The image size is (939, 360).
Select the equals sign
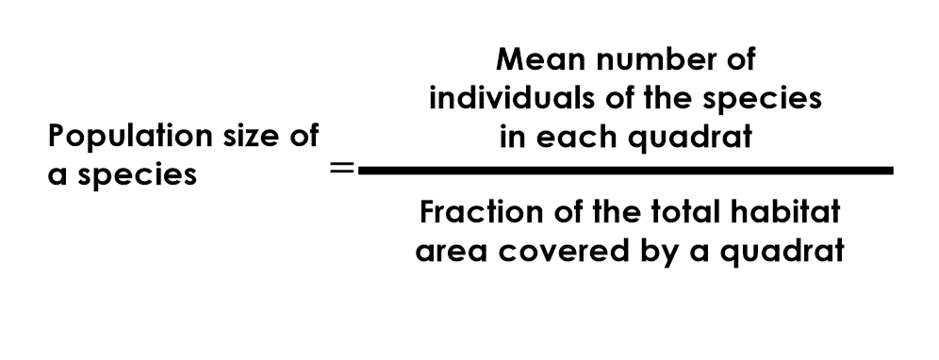click(x=343, y=171)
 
